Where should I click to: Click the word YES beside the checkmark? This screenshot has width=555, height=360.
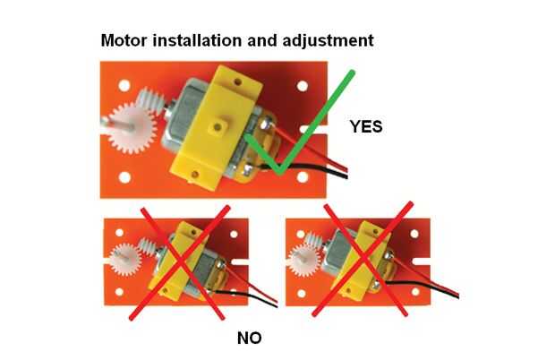tap(366, 127)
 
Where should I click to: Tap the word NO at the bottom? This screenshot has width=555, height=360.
tap(250, 338)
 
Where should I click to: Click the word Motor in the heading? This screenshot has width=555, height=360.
tap(124, 40)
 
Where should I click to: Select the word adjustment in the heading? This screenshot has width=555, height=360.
tap(329, 40)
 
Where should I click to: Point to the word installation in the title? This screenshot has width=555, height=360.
tap(198, 40)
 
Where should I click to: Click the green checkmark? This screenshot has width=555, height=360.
tap(300, 123)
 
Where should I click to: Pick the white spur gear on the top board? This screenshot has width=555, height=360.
tap(132, 128)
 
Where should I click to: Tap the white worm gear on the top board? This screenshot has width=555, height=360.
tap(150, 100)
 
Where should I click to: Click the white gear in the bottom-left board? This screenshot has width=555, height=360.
tap(124, 260)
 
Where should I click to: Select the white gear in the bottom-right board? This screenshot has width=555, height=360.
tap(304, 261)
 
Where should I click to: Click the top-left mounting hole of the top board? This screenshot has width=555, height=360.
tap(124, 85)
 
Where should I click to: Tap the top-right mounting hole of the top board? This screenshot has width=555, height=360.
tap(303, 86)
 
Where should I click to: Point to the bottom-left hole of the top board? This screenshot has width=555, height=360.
tap(124, 177)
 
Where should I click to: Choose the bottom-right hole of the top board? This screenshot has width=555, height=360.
tap(303, 177)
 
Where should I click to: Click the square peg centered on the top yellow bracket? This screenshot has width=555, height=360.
tap(218, 127)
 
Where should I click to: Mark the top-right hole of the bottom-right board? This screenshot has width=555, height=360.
tap(414, 234)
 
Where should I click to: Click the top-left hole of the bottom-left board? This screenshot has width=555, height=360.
tap(119, 233)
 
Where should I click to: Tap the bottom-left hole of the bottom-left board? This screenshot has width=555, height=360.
tap(119, 292)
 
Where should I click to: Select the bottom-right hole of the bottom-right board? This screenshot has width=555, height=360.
tap(415, 292)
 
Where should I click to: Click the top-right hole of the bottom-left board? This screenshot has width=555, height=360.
tap(234, 234)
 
